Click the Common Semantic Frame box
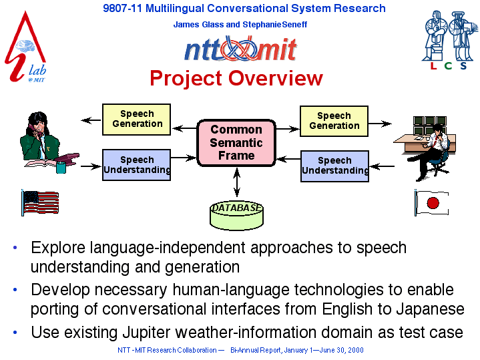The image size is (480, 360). pos(236,143)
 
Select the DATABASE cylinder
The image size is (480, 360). pos(236,215)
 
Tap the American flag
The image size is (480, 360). pos(40,202)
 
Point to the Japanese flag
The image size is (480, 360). pos(432,202)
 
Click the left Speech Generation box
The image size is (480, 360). pos(137,120)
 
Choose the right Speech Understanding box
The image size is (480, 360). pos(334,166)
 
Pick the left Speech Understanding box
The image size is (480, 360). pos(137,165)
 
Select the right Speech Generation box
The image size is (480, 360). pos(334,121)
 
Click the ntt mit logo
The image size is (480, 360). pos(240,48)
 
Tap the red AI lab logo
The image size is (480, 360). pos(26,47)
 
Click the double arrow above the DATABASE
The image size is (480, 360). pos(236,182)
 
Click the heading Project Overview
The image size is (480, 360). pos(236,78)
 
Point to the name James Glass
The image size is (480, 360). pos(198,25)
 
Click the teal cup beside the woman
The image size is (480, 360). pos(61,167)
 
